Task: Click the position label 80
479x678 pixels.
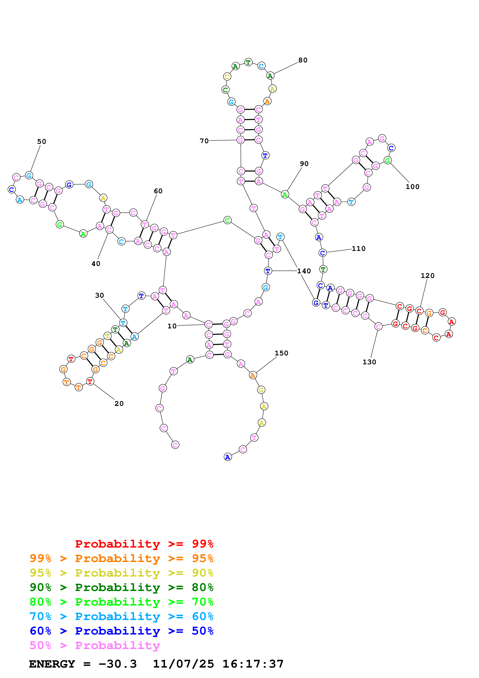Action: (303, 60)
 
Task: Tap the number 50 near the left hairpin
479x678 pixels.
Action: (42, 141)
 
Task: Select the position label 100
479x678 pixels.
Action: (412, 187)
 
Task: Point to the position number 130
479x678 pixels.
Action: (369, 362)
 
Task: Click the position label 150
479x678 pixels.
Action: (281, 353)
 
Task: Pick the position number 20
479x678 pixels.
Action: (119, 404)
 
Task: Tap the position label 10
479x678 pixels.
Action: (172, 326)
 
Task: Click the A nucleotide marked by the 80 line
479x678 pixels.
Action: (270, 76)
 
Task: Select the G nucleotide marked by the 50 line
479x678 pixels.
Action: (29, 175)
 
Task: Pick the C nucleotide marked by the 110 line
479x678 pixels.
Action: (322, 253)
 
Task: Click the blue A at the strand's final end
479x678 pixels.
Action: (228, 457)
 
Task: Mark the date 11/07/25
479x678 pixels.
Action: (183, 664)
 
